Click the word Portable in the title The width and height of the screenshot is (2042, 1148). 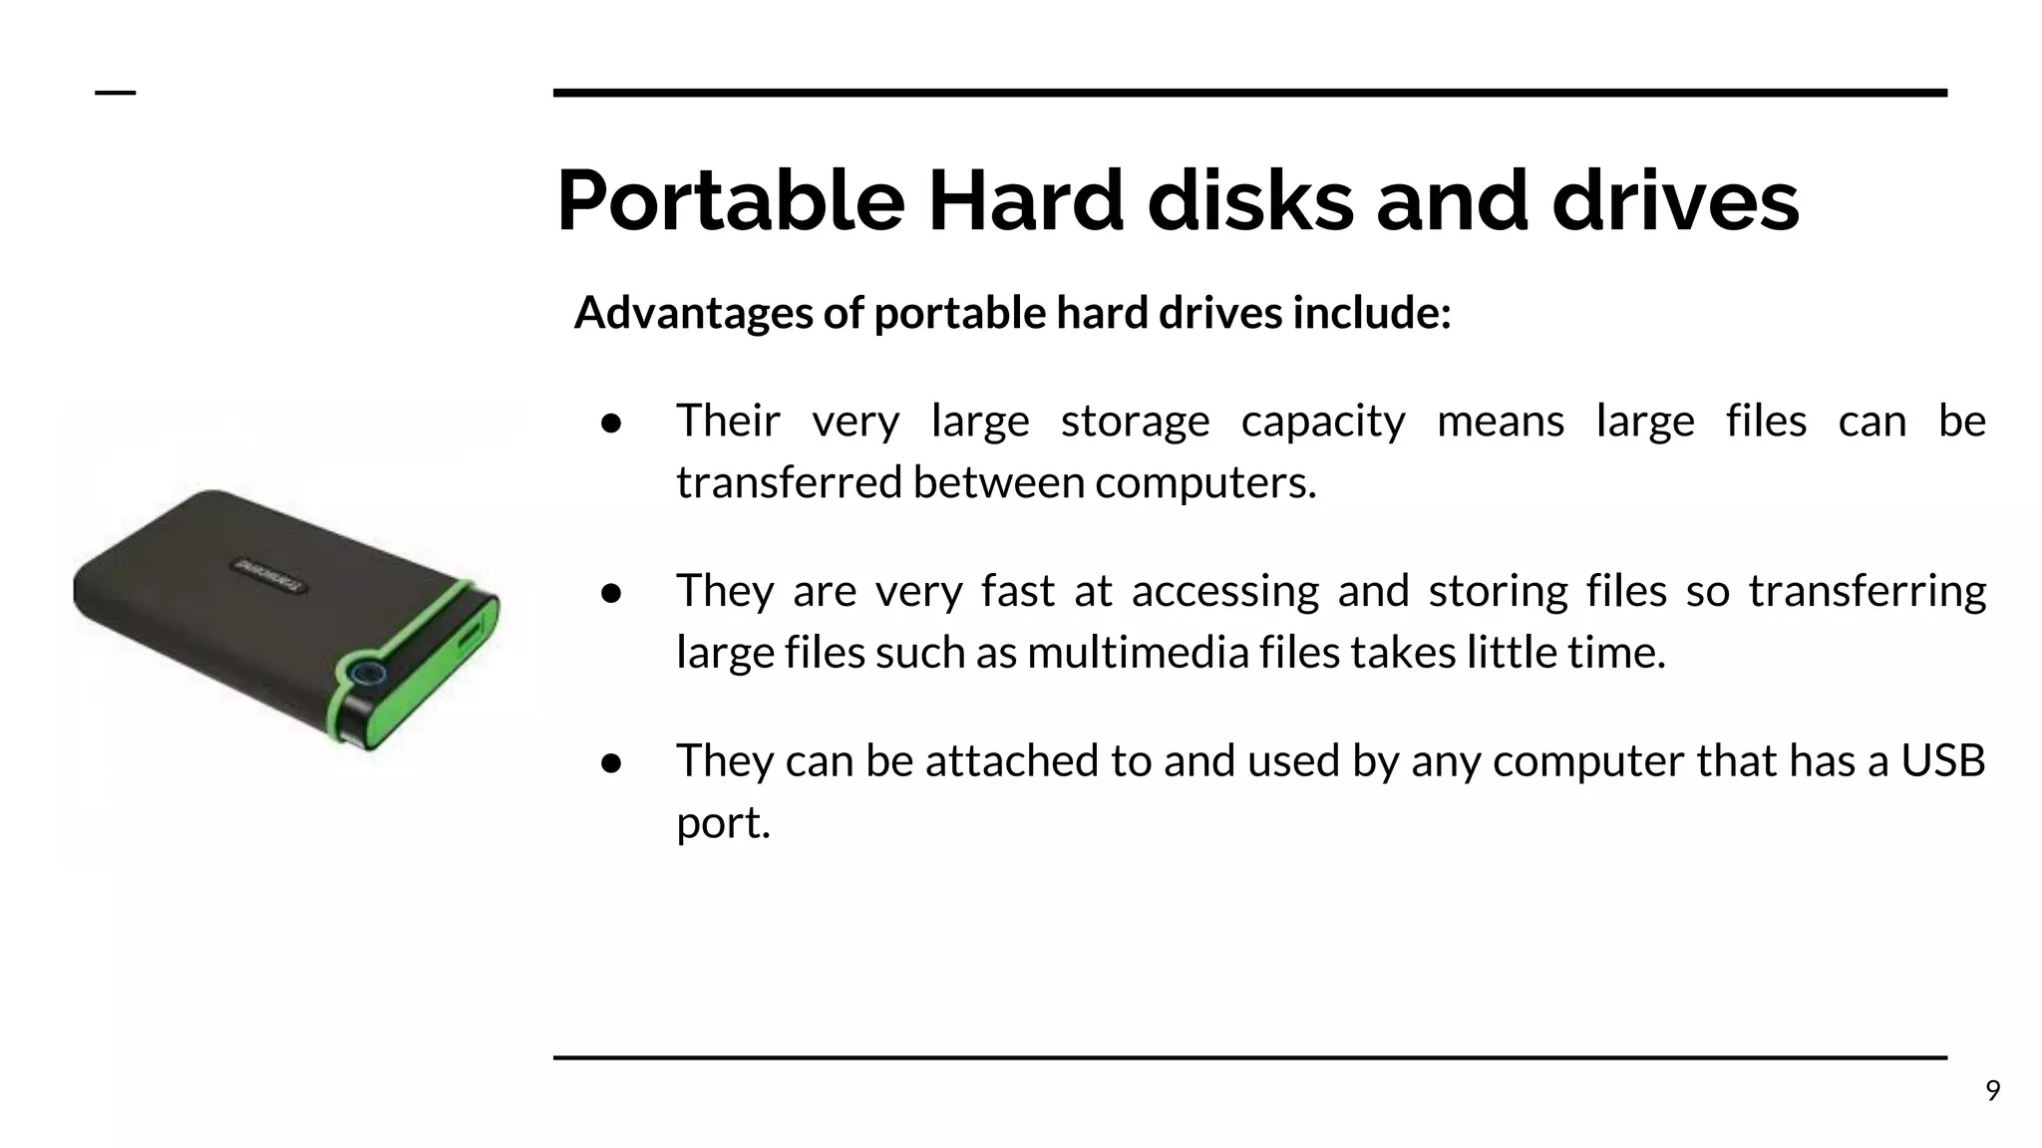coord(730,201)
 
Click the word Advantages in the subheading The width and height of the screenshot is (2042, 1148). coord(694,313)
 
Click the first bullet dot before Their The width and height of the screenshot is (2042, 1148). coord(611,424)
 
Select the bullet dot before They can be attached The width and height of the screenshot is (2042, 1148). coord(611,763)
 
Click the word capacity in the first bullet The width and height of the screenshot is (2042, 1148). coord(1323,422)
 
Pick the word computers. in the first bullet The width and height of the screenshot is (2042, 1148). coord(1205,483)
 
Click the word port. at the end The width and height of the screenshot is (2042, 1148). coord(723,824)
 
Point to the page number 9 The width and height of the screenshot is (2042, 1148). coord(1992,1091)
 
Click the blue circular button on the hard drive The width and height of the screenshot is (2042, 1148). coord(368,674)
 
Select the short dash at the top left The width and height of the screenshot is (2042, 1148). coord(115,93)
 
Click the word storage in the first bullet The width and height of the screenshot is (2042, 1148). coord(1135,422)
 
